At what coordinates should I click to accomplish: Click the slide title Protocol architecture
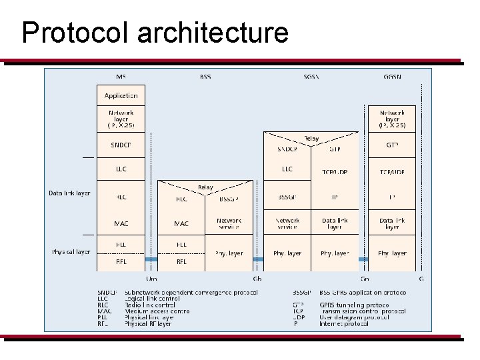(155, 33)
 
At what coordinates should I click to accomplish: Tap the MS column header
(121, 77)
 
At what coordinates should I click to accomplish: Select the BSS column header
(205, 77)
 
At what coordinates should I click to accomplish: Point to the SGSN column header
(311, 77)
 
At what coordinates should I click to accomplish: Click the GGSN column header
(392, 77)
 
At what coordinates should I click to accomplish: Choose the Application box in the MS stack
(121, 95)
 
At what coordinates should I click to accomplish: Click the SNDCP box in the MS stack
(121, 145)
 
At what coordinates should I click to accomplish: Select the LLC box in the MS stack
(121, 169)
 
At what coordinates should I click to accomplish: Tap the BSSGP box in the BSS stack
(229, 198)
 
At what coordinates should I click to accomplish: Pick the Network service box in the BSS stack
(229, 223)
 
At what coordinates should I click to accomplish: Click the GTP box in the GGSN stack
(392, 145)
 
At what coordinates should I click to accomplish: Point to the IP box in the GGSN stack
(392, 198)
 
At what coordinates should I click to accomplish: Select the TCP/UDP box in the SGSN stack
(335, 171)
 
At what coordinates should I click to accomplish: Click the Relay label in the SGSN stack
(311, 139)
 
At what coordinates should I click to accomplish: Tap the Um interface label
(151, 278)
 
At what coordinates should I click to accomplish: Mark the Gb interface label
(257, 278)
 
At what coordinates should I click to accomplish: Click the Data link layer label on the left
(69, 193)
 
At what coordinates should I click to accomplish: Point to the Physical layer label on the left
(71, 252)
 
